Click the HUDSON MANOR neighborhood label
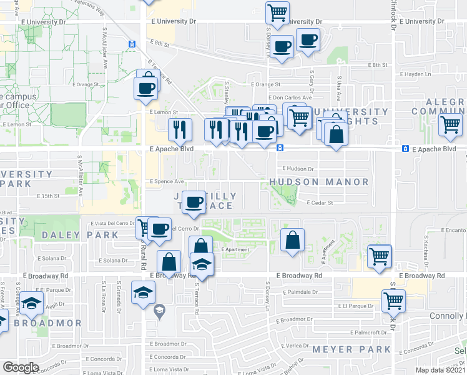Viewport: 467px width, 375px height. pyautogui.click(x=318, y=182)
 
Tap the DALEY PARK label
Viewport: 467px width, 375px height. pyautogui.click(x=81, y=235)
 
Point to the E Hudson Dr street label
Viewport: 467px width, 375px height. pyautogui.click(x=300, y=169)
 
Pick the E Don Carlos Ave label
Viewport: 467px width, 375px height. pyautogui.click(x=290, y=97)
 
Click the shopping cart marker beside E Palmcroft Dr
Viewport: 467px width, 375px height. pyautogui.click(x=393, y=300)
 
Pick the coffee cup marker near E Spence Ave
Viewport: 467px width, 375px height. pyautogui.click(x=195, y=202)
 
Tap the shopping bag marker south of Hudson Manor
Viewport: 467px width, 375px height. pyautogui.click(x=292, y=240)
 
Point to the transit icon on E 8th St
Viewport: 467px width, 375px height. pyautogui.click(x=132, y=44)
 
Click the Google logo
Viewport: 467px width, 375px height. pyautogui.click(x=21, y=367)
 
